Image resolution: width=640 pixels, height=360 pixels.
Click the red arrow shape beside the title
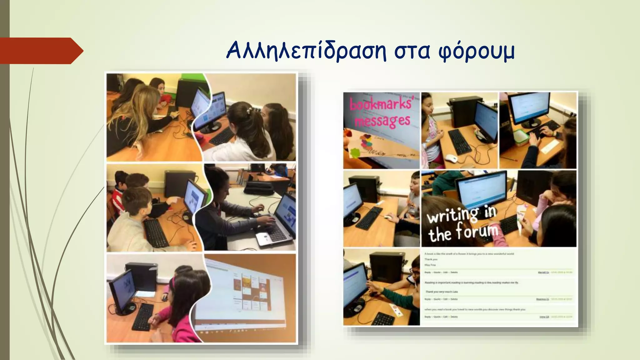click(41, 51)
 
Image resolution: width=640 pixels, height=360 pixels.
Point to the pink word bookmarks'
click(380, 103)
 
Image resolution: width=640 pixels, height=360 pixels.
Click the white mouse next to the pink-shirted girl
click(451, 158)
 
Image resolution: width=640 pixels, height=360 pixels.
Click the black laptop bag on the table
click(258, 187)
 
